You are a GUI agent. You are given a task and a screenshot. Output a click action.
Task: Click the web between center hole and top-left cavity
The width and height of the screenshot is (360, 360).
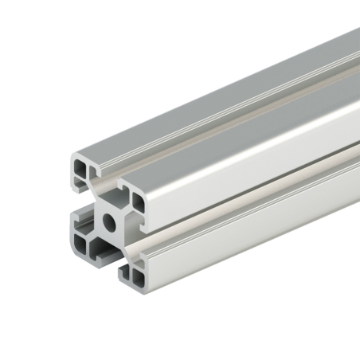pyautogui.click(x=97, y=199)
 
